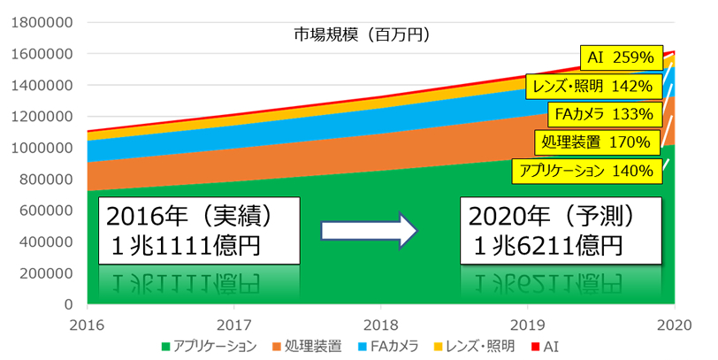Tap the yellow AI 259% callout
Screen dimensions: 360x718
pos(620,57)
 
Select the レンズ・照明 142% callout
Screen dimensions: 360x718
pos(592,86)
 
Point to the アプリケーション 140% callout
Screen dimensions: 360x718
pos(585,171)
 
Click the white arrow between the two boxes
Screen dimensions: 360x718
pos(369,232)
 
